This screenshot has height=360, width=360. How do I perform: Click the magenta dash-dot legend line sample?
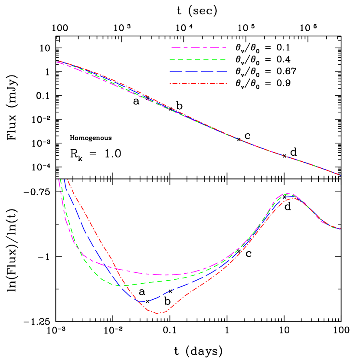[199, 48]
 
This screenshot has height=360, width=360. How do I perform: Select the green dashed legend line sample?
[199, 59]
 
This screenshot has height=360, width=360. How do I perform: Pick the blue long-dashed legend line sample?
[199, 71]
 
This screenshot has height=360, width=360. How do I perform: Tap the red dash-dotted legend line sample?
[199, 83]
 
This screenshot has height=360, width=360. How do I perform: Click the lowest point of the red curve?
[158, 313]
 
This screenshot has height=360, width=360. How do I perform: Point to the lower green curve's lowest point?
[123, 286]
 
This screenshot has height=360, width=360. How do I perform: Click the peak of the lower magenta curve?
[287, 193]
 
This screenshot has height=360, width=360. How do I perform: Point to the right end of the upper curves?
[340, 175]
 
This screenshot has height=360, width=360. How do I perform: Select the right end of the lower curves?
[340, 229]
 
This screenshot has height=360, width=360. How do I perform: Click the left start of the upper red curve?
[57, 61]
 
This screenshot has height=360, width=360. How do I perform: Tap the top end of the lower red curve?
[67, 179]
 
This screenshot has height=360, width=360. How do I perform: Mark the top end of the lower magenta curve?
[59, 179]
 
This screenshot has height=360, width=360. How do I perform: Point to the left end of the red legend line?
[170, 83]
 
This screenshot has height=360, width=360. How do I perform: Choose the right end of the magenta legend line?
[227, 48]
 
